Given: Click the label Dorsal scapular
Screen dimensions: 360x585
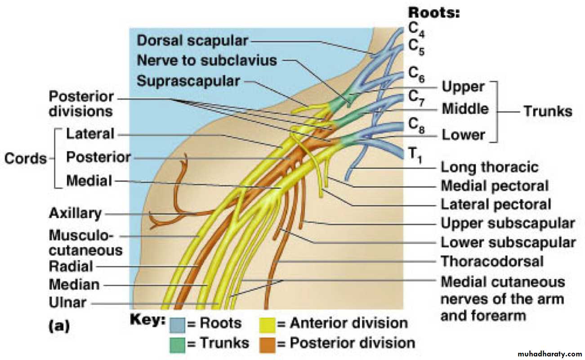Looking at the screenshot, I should click(x=192, y=40).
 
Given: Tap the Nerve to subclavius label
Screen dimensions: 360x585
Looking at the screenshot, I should click(x=207, y=60).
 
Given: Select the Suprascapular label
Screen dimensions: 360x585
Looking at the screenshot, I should click(x=188, y=81).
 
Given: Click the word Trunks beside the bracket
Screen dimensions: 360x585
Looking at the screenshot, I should click(x=548, y=111).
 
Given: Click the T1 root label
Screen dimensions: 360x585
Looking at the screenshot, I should click(x=415, y=155).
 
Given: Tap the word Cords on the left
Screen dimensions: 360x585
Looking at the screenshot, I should click(x=26, y=158).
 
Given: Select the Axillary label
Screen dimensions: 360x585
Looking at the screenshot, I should click(x=75, y=213).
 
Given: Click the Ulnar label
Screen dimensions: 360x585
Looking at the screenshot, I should click(x=67, y=303).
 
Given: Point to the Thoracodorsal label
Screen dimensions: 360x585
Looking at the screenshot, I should click(x=492, y=261).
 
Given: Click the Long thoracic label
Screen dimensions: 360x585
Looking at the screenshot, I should click(x=489, y=167).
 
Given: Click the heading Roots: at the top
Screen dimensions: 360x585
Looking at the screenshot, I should click(x=433, y=13).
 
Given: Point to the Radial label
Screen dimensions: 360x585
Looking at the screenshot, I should click(x=71, y=266).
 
